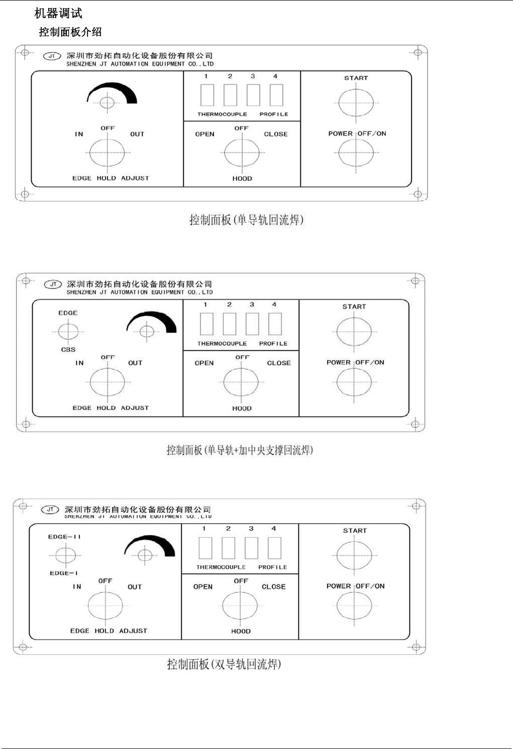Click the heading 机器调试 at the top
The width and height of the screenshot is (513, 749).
point(58,14)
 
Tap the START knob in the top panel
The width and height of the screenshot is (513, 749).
point(356,102)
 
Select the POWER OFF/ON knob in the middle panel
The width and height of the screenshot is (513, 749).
point(354,382)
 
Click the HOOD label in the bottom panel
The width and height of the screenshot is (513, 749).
point(241,631)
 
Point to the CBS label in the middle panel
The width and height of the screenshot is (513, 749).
point(68,350)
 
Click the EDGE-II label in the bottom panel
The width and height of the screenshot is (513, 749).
point(64,537)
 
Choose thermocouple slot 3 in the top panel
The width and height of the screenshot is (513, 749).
point(253,95)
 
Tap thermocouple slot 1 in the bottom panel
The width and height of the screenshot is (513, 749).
point(205,548)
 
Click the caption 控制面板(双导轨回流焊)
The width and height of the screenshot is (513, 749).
point(224,664)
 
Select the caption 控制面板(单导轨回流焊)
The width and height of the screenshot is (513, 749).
point(246,220)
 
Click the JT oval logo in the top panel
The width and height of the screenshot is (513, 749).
point(52,56)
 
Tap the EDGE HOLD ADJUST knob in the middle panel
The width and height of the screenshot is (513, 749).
point(108,382)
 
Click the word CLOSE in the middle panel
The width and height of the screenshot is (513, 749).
point(279,363)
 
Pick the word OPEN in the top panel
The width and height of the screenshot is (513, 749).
point(204,134)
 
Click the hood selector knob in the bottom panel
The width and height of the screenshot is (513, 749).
point(240,606)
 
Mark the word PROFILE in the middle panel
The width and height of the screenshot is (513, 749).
point(273,344)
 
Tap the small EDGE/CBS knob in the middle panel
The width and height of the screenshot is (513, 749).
point(68,331)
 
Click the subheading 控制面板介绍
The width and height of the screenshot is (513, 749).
point(70,32)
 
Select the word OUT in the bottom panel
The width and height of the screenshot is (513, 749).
point(135,587)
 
